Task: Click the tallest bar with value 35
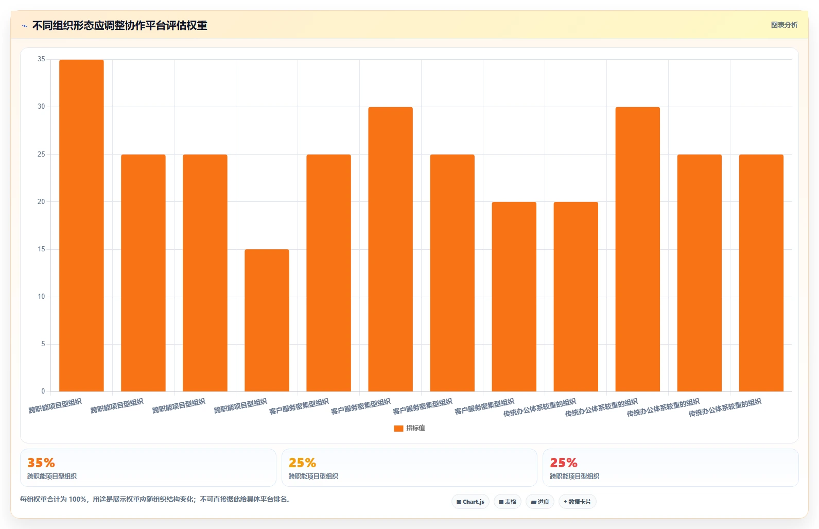(x=81, y=226)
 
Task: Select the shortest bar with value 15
(x=267, y=320)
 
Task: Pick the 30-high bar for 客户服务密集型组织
(x=391, y=249)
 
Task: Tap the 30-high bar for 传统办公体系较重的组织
(x=638, y=249)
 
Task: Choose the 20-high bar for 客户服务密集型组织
(x=514, y=297)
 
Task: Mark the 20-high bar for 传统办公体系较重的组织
(x=576, y=297)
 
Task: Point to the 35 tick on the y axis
(x=41, y=59)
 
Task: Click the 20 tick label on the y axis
(x=41, y=201)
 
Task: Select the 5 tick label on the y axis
(x=43, y=344)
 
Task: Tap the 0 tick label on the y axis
(x=43, y=391)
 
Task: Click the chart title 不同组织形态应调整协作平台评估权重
(x=119, y=26)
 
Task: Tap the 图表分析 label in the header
(x=785, y=25)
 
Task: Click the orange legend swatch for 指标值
(x=398, y=429)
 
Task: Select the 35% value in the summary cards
(x=41, y=463)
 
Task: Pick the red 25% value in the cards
(x=564, y=463)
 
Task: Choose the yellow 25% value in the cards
(x=302, y=463)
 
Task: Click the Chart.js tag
(x=470, y=502)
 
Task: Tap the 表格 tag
(x=508, y=502)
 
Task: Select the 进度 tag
(x=540, y=502)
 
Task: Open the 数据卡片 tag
(x=578, y=502)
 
